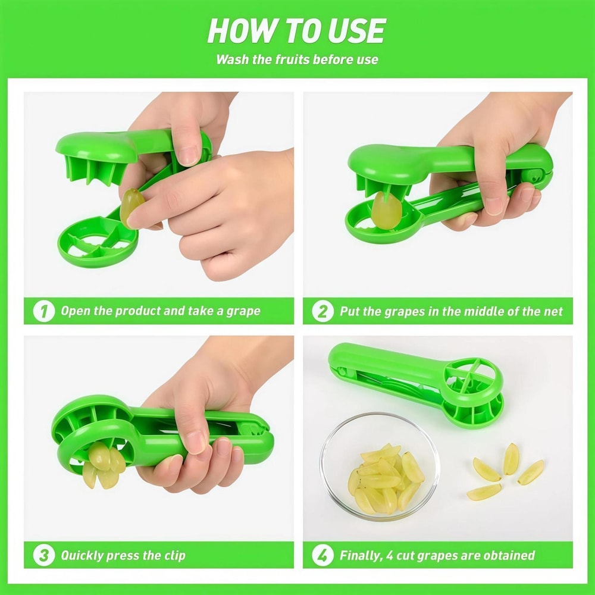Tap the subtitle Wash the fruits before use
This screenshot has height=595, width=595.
pyautogui.click(x=297, y=59)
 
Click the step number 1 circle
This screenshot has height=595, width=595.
pyautogui.click(x=43, y=311)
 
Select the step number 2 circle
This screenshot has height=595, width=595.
pyautogui.click(x=322, y=311)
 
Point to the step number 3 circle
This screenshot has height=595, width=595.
pyautogui.click(x=43, y=556)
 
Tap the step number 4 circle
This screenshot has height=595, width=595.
pyautogui.click(x=322, y=556)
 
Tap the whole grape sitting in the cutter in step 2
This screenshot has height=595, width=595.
pyautogui.click(x=386, y=210)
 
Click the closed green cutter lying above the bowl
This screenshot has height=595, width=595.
pyautogui.click(x=416, y=381)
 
